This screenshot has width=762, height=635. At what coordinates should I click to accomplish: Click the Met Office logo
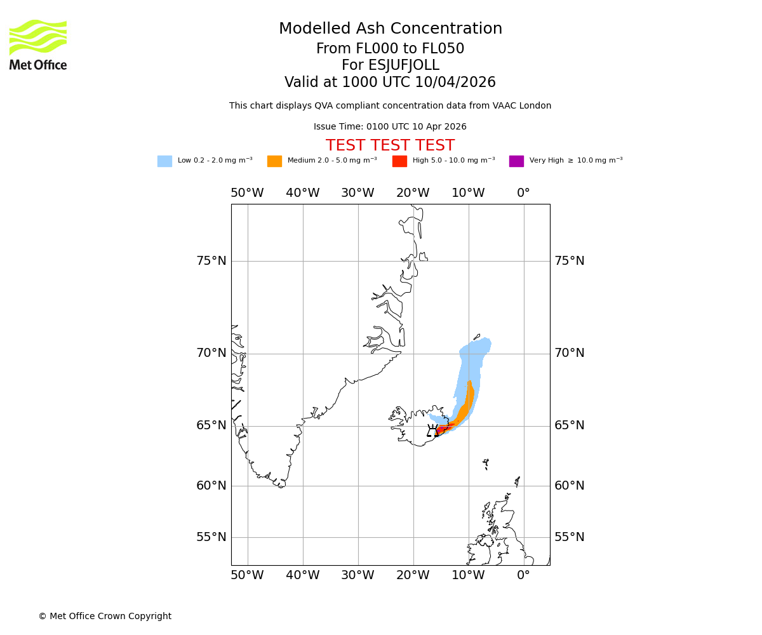click(x=38, y=44)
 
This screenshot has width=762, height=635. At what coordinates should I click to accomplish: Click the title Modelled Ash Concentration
click(x=390, y=29)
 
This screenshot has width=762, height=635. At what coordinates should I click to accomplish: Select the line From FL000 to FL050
click(x=390, y=49)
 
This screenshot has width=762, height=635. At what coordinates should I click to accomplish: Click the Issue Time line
click(x=390, y=127)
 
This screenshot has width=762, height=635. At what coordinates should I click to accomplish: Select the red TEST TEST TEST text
click(x=390, y=145)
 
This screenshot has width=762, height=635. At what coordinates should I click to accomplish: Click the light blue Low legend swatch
click(x=164, y=161)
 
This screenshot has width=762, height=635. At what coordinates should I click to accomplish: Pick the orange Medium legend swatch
click(x=274, y=161)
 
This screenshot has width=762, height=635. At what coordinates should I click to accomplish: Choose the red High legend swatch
click(x=399, y=161)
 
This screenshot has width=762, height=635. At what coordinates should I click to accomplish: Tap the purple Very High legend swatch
click(x=516, y=161)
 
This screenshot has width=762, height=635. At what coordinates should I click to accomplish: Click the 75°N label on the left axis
click(x=211, y=261)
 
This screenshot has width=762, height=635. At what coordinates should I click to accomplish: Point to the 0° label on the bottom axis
click(x=523, y=575)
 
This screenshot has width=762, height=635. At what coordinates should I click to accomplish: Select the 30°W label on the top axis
click(x=358, y=193)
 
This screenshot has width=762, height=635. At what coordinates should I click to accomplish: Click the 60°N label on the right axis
click(x=569, y=486)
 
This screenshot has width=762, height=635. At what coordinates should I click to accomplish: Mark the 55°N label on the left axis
click(x=211, y=537)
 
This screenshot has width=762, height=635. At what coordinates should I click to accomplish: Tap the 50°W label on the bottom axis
click(x=247, y=575)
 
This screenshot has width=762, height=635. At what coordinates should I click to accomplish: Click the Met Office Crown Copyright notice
click(x=105, y=616)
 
